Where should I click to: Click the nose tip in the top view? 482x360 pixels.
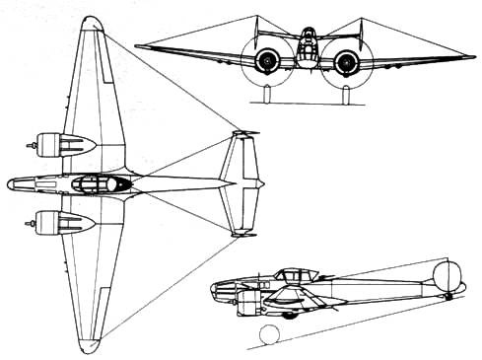click(9, 184)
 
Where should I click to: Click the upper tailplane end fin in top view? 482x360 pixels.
click(240, 132)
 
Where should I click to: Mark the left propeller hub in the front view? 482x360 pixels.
click(266, 64)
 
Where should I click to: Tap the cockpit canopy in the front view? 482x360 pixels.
click(307, 39)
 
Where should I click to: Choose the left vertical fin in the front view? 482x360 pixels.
click(255, 36)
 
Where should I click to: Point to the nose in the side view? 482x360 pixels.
click(214, 290)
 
